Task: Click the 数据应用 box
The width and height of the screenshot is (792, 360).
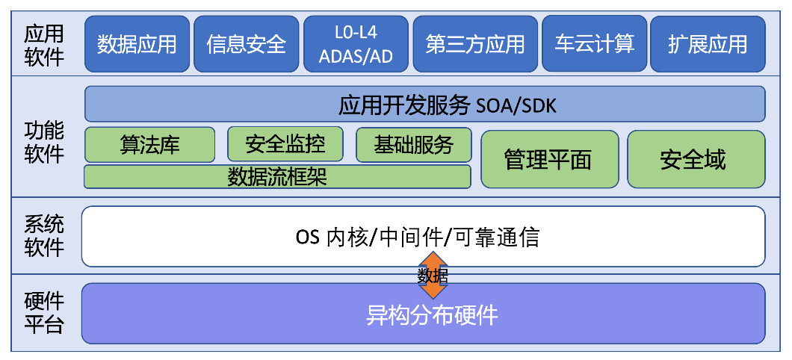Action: [x=137, y=44]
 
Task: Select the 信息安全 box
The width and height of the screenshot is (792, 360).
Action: [x=246, y=44]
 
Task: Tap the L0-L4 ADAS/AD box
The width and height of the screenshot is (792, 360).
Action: [x=356, y=44]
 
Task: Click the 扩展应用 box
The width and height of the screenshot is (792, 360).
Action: [x=708, y=44]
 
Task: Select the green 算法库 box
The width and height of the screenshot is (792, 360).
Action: [x=149, y=144]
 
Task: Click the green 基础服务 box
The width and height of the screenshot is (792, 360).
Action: [x=414, y=144]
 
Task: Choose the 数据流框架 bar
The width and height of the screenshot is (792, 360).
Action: [x=277, y=177]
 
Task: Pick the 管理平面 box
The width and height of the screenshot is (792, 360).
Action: [x=549, y=159]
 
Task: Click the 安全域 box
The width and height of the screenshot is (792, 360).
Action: [x=696, y=159]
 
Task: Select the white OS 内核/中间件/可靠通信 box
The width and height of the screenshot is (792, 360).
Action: [x=423, y=237]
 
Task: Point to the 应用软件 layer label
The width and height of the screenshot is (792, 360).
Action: [x=44, y=45]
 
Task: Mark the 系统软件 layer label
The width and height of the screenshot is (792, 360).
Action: [x=44, y=235]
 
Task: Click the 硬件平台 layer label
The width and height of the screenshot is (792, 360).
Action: [x=44, y=314]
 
